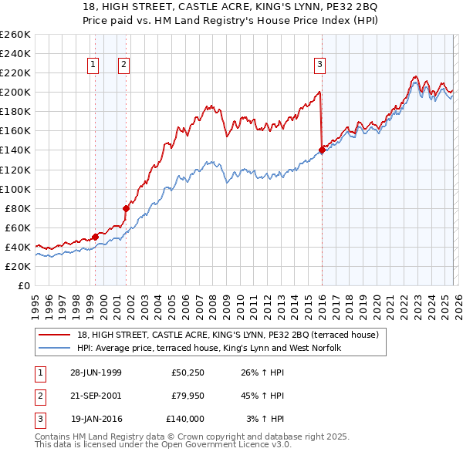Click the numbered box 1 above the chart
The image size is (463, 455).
click(93, 66)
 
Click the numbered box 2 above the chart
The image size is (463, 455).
click(123, 66)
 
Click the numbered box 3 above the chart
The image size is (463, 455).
click(319, 66)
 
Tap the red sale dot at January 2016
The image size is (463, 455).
click(321, 150)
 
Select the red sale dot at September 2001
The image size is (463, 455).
click(126, 207)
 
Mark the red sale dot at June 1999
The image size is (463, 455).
click(96, 237)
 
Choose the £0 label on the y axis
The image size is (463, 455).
click(23, 285)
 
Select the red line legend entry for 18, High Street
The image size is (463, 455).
click(228, 335)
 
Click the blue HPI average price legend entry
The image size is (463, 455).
click(208, 349)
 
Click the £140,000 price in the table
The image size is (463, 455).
click(185, 419)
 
